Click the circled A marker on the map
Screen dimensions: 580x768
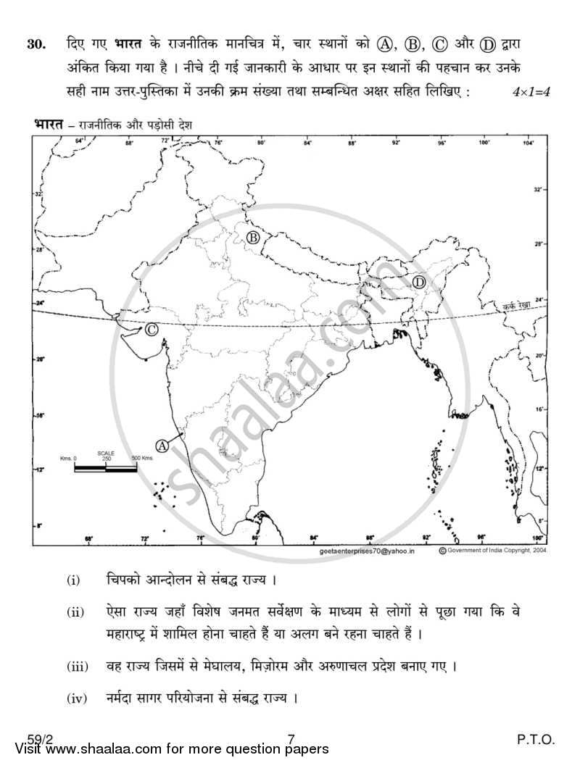(x=162, y=446)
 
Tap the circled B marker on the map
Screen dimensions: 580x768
(x=253, y=237)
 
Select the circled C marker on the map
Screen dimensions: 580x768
(x=152, y=330)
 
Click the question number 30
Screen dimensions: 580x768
(x=36, y=44)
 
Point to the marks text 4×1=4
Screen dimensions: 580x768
(x=531, y=92)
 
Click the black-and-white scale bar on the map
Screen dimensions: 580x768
(x=106, y=469)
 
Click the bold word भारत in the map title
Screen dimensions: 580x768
(x=48, y=125)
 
